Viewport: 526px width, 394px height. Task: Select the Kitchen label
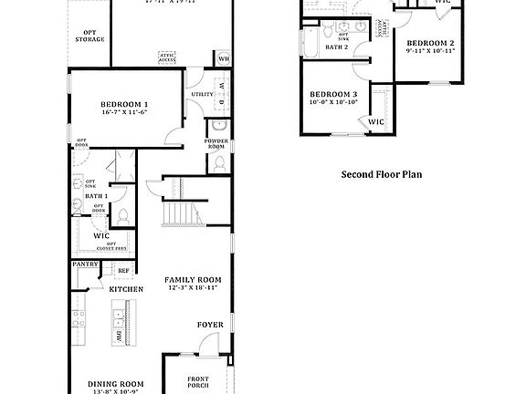127,289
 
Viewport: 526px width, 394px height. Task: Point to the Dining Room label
115,383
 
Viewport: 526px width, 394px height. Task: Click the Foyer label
209,325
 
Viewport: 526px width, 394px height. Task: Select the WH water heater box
224,59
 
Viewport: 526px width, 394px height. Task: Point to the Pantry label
85,265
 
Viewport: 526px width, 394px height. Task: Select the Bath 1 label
96,196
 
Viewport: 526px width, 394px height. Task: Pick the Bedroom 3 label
332,95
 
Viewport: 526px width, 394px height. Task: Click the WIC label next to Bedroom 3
376,121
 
